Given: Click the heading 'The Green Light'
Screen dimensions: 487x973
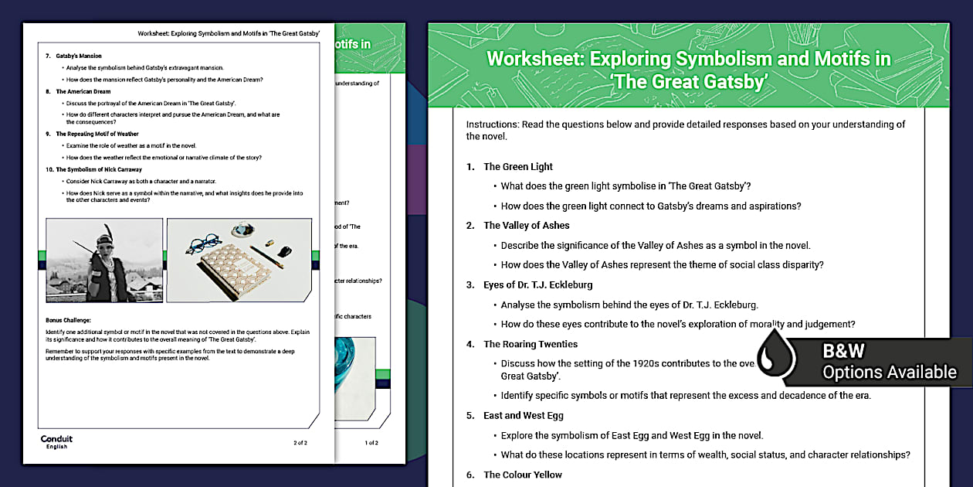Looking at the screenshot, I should [518, 166].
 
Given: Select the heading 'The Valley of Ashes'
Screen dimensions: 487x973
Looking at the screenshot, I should [526, 226].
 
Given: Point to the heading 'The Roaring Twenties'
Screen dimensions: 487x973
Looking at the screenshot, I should [530, 344].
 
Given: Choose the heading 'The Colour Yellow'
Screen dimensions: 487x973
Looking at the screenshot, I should [523, 475].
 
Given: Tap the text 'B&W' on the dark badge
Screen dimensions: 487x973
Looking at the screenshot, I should [843, 352].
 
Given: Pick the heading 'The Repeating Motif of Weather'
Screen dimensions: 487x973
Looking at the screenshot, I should [97, 134].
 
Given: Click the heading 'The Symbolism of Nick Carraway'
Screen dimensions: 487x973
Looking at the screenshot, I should [99, 169].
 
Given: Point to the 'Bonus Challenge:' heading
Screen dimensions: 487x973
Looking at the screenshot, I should [68, 319].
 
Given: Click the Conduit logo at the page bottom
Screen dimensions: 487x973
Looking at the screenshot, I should [57, 441].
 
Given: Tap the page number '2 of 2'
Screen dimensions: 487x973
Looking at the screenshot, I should [300, 443].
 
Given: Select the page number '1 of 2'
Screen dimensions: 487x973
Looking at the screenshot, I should [371, 443].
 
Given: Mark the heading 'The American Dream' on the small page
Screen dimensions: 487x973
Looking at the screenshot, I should [83, 91].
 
